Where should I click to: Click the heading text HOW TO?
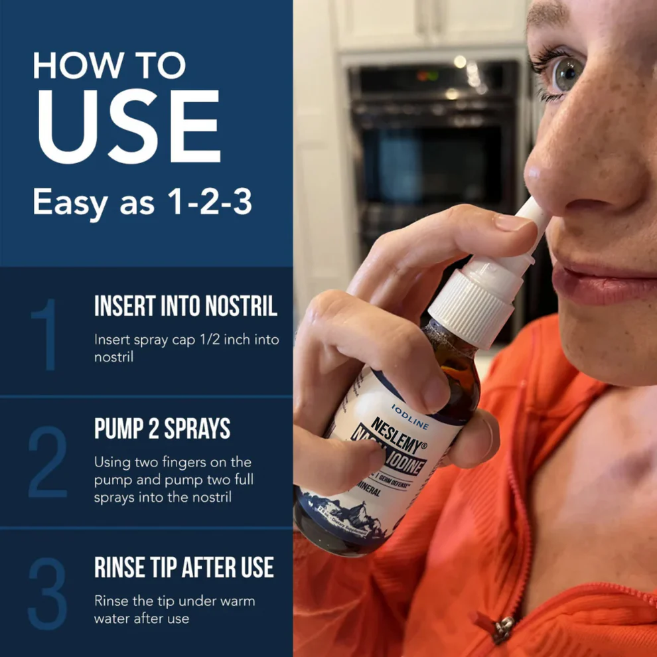[109, 66]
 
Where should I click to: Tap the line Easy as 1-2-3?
[142, 202]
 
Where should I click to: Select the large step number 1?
[46, 335]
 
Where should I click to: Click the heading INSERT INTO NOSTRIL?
[186, 307]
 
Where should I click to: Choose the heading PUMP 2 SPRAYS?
[162, 429]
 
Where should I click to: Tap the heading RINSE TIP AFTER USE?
[184, 567]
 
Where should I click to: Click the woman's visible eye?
[567, 74]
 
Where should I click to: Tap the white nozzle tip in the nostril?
[530, 213]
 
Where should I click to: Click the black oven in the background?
[431, 153]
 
